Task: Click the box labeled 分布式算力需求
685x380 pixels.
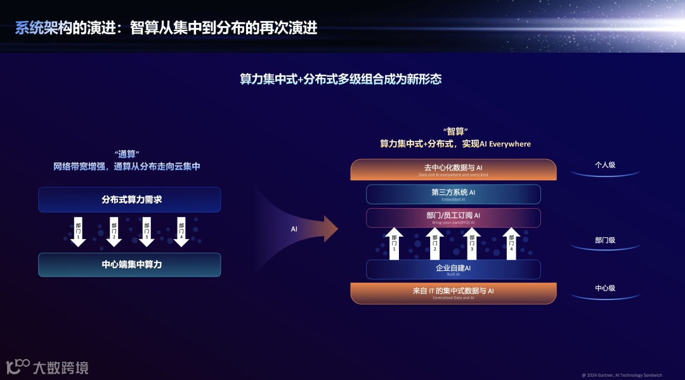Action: (129, 200)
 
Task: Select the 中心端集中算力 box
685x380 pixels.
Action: (129, 265)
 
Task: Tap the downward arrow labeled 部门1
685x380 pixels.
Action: (78, 232)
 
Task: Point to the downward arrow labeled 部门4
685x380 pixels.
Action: (181, 232)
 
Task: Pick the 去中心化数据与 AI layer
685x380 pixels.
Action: (453, 169)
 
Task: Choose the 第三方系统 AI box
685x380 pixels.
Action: (453, 194)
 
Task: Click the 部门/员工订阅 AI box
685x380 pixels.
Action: (453, 218)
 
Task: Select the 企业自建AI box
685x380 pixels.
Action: (453, 270)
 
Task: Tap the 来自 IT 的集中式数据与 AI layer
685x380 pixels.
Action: (453, 292)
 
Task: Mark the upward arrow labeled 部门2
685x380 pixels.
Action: (435, 244)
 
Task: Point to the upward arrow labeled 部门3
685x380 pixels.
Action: (471, 244)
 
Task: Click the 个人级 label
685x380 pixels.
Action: (605, 165)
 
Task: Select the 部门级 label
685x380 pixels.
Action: (605, 240)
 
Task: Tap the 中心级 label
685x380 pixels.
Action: (605, 288)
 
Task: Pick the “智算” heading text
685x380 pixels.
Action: (455, 132)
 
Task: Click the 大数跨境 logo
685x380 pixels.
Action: (48, 367)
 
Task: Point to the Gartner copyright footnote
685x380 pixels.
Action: (622, 375)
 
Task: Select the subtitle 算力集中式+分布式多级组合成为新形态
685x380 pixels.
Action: (341, 79)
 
